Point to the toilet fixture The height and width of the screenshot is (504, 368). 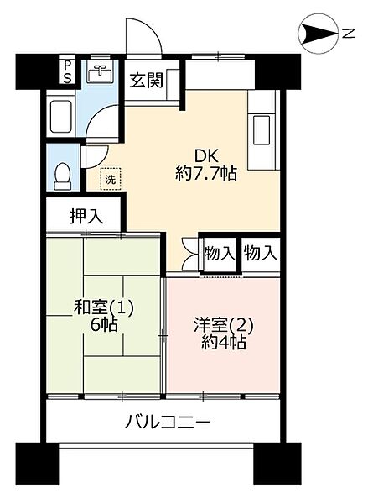coord(62,173)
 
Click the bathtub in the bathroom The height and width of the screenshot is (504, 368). coord(62,118)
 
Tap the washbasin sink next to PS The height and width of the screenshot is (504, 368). coord(100,72)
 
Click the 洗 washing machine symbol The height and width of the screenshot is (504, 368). coord(109,179)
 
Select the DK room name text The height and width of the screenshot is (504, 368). coord(206,155)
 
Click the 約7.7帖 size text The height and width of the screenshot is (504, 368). coord(206,175)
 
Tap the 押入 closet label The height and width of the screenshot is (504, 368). coord(86,215)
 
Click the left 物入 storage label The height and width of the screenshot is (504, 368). coord(220,252)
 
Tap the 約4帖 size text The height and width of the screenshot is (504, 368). coord(223,344)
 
